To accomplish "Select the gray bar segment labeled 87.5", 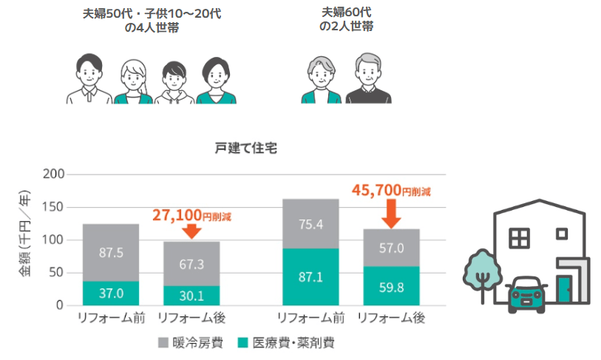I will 111,252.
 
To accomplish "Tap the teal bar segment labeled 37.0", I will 111,293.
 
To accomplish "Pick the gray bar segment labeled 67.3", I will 191,263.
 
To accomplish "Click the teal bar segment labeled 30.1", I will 191,295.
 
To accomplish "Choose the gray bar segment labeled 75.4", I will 310,224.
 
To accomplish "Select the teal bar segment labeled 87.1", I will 310,276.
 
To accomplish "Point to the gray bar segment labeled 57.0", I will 391,248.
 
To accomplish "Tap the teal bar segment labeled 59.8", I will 391,285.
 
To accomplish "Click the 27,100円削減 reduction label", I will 191,215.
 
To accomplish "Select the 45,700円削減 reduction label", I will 391,191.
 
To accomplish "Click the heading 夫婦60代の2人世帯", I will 346,19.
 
